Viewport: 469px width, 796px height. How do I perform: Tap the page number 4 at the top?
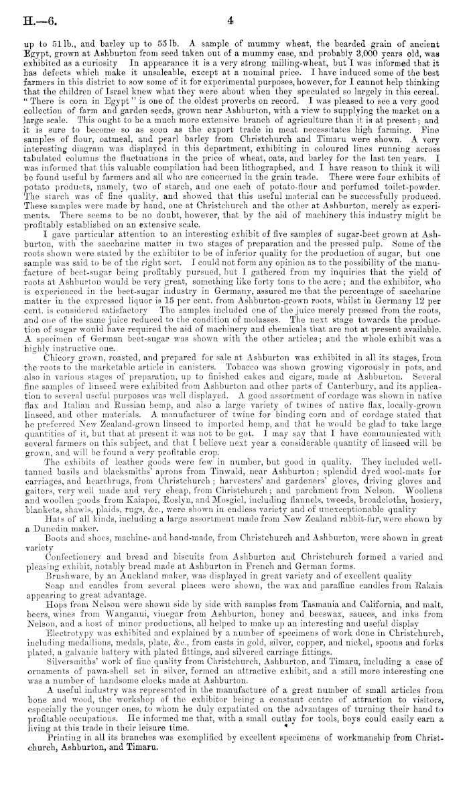coord(229,21)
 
